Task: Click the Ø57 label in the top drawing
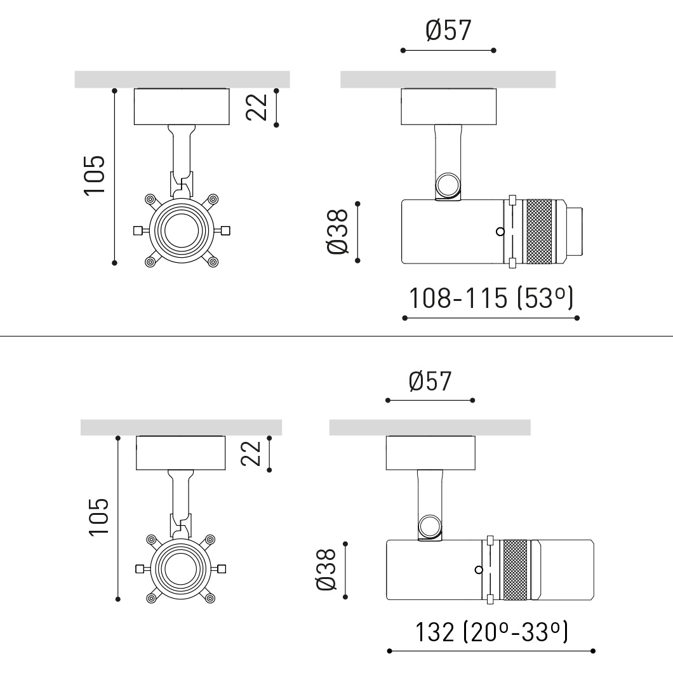448,30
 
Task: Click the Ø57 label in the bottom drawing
430,381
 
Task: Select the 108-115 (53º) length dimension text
491,298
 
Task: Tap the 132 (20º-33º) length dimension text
491,632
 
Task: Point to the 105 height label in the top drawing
95,175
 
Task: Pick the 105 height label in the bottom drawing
98,517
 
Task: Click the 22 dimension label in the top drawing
257,107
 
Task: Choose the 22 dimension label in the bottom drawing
251,453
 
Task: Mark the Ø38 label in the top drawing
337,232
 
